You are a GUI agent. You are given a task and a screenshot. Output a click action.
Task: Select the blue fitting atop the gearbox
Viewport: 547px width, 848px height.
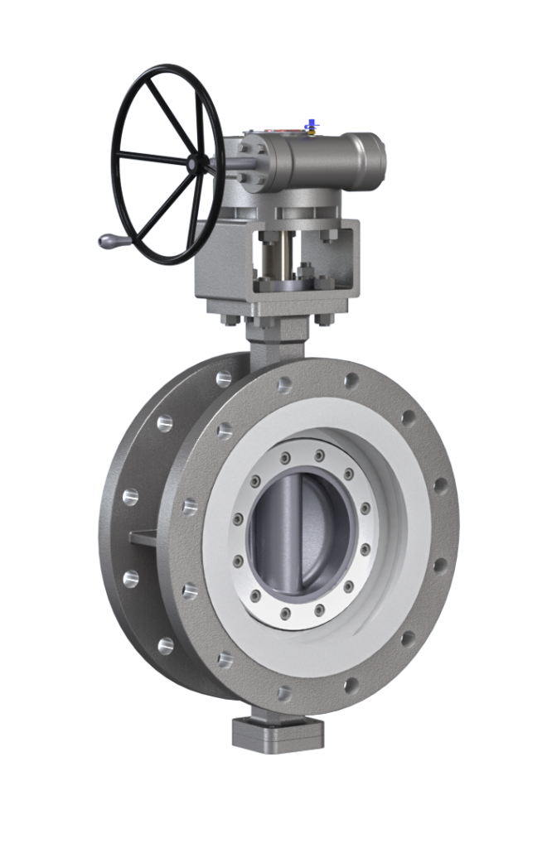[311, 125]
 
